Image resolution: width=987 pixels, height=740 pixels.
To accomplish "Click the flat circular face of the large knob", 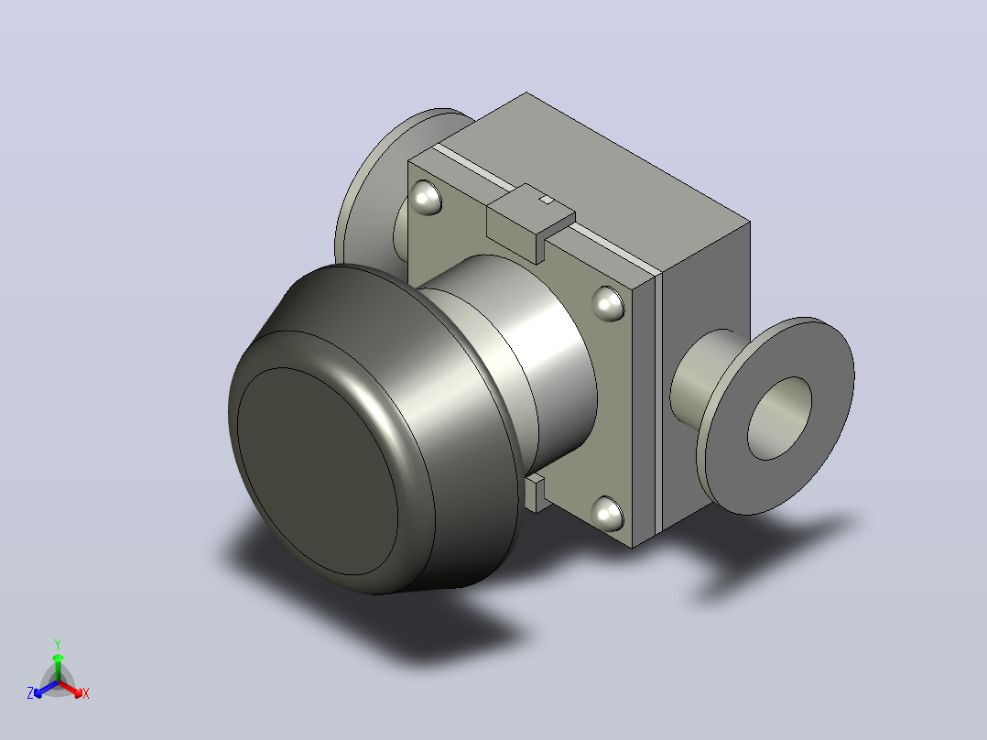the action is click(x=318, y=471).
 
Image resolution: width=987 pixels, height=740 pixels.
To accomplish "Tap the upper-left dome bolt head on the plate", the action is click(x=426, y=198).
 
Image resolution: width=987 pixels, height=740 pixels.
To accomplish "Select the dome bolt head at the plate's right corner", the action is click(x=608, y=303).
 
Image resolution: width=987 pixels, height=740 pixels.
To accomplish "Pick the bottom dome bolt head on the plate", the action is click(x=607, y=513).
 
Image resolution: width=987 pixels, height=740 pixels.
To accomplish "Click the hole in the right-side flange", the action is click(x=779, y=419).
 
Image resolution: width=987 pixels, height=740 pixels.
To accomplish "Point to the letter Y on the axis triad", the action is click(x=58, y=644).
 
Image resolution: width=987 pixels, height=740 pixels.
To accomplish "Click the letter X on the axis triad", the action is click(x=86, y=693).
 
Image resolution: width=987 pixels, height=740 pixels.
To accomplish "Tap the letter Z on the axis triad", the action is click(x=30, y=693).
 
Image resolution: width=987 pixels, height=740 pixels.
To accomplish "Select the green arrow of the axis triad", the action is click(x=58, y=667).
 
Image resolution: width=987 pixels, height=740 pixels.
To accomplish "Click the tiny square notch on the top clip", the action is click(x=547, y=200).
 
